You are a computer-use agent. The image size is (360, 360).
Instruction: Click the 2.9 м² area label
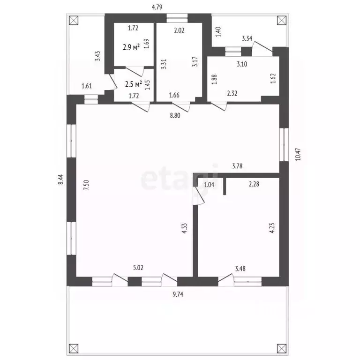pyautogui.click(x=131, y=47)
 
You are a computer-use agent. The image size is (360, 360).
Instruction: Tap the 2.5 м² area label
pyautogui.click(x=134, y=84)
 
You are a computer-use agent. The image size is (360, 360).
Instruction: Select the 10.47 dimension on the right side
pyautogui.click(x=298, y=154)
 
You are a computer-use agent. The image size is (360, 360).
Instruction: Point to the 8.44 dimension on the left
pyautogui.click(x=60, y=180)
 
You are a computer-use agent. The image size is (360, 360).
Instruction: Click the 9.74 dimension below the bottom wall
pyautogui.click(x=178, y=294)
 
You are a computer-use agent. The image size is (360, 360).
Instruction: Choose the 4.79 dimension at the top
pyautogui.click(x=157, y=7)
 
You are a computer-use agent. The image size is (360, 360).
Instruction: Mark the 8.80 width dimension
pyautogui.click(x=175, y=115)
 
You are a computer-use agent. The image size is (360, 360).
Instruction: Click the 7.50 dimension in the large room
pyautogui.click(x=86, y=185)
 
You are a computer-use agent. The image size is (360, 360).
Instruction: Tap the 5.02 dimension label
pyautogui.click(x=138, y=268)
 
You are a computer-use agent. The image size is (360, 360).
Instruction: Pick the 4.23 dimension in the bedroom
pyautogui.click(x=272, y=228)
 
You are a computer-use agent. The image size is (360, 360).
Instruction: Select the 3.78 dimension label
pyautogui.click(x=237, y=166)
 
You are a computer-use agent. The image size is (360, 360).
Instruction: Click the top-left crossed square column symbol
pyautogui.click(x=74, y=21)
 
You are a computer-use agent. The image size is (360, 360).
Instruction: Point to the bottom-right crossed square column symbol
pyautogui.click(x=282, y=349)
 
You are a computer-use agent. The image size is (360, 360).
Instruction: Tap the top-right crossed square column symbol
pyautogui.click(x=282, y=21)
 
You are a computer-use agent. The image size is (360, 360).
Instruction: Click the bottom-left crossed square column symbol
pyautogui.click(x=74, y=349)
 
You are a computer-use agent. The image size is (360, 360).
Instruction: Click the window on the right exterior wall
pyautogui.click(x=284, y=144)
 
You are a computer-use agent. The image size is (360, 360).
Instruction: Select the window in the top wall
pyautogui.click(x=177, y=18)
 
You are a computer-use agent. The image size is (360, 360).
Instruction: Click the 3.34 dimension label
pyautogui.click(x=247, y=38)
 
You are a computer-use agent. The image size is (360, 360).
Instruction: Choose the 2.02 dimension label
pyautogui.click(x=179, y=30)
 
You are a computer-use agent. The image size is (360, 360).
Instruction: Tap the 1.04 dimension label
pyautogui.click(x=209, y=184)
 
